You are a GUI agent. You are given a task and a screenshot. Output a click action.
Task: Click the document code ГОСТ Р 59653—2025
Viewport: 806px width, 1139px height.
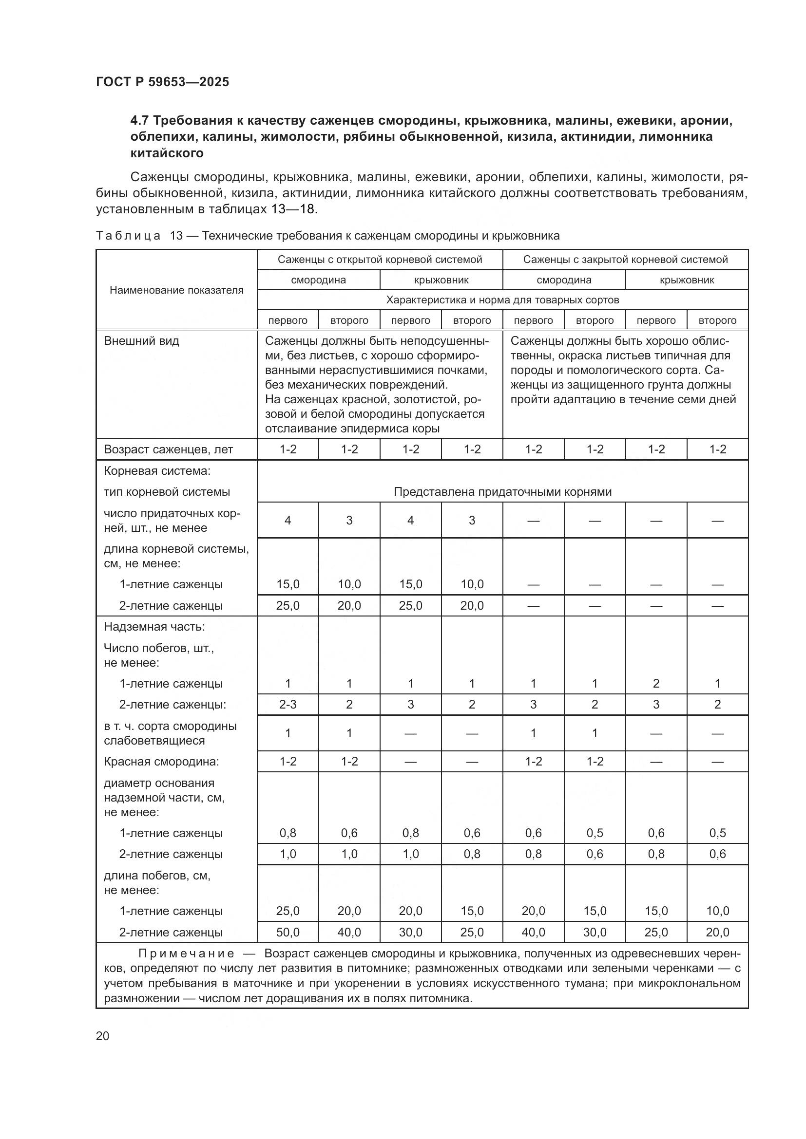click(162, 82)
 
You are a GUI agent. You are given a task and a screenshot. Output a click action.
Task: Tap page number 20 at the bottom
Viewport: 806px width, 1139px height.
click(102, 1036)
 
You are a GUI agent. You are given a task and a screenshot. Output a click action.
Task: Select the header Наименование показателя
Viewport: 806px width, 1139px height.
click(176, 290)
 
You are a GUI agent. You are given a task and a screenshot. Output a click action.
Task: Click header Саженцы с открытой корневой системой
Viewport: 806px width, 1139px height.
click(380, 260)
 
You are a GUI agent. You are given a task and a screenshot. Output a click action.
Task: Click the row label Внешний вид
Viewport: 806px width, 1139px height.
click(141, 341)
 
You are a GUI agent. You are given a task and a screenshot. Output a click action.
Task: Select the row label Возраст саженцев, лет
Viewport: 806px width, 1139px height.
click(168, 449)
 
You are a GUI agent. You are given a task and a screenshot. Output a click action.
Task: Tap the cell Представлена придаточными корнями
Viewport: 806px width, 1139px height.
click(502, 492)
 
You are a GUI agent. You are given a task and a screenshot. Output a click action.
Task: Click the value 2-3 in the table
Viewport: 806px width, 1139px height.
click(288, 705)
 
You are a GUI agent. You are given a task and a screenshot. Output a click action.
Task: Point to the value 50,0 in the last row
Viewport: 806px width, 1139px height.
click(288, 932)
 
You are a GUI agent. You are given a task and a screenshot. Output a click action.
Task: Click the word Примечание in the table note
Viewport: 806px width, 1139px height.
click(186, 953)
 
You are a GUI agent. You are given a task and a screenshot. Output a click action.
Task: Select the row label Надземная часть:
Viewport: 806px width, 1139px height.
click(154, 627)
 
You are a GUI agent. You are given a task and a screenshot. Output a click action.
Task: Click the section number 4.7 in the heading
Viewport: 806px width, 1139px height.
click(140, 121)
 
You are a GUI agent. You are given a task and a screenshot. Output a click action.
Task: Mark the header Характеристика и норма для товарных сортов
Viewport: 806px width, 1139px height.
click(502, 300)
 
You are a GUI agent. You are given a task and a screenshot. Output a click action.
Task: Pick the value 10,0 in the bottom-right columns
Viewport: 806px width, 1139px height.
click(717, 911)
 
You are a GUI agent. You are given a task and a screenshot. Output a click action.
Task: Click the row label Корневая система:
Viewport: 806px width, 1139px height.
click(157, 471)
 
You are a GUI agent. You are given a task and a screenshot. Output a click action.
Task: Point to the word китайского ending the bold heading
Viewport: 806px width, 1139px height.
click(167, 153)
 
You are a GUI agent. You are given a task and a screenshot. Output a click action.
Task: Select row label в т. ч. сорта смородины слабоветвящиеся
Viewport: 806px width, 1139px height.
click(170, 733)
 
